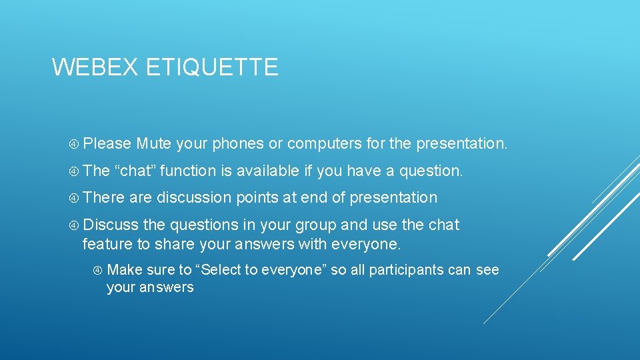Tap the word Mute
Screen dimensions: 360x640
click(x=154, y=143)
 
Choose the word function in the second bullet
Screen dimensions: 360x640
click(x=188, y=171)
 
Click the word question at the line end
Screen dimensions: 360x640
click(x=430, y=171)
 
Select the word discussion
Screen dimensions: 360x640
click(x=193, y=197)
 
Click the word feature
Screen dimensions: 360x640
click(x=107, y=244)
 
